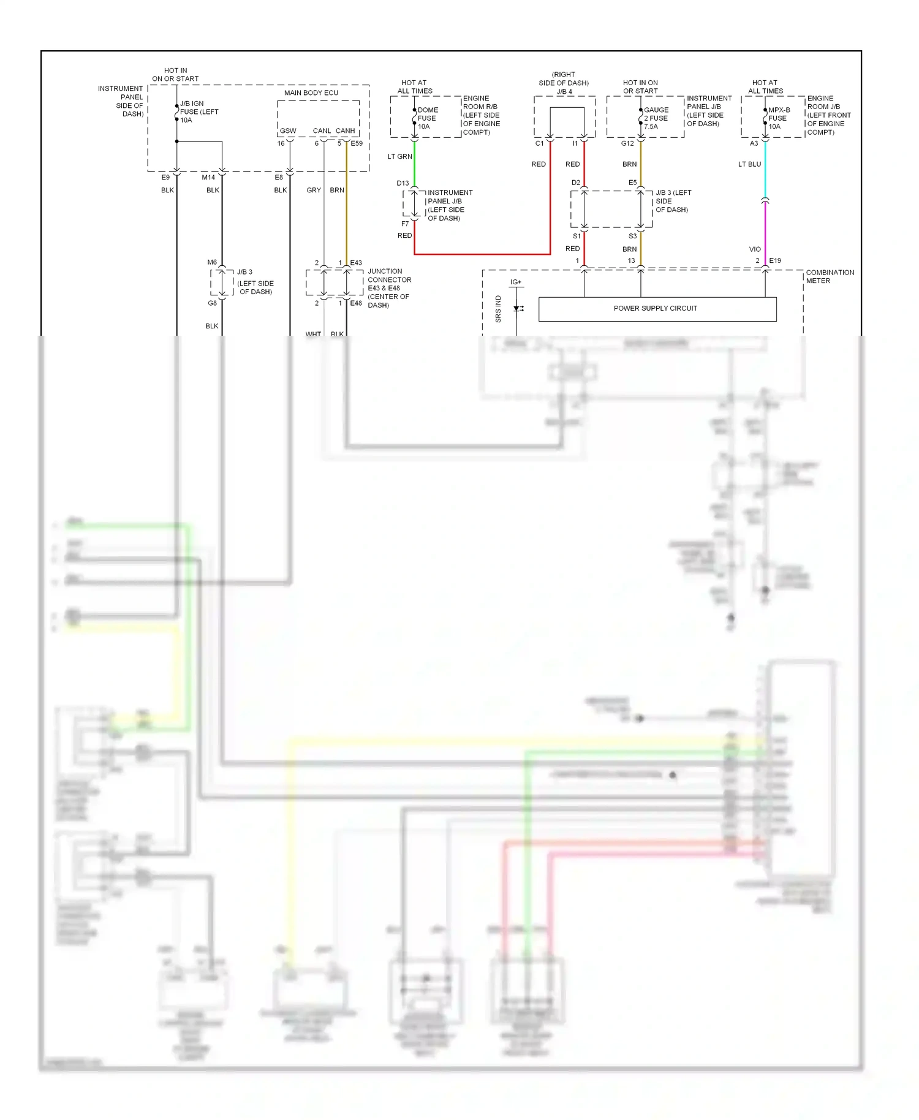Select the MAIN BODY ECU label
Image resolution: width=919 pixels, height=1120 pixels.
click(x=311, y=93)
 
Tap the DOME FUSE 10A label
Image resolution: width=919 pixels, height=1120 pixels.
click(x=427, y=118)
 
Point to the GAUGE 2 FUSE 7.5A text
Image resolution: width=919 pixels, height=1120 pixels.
click(x=656, y=118)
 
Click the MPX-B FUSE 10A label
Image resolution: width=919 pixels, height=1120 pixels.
click(x=779, y=118)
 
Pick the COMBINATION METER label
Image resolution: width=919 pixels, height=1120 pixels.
click(x=830, y=276)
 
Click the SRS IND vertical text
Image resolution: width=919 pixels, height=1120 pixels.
click(x=498, y=309)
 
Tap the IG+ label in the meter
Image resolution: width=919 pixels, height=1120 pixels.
click(x=516, y=282)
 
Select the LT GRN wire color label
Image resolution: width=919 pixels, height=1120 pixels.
click(x=399, y=157)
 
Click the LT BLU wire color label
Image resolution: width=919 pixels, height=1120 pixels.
click(x=749, y=164)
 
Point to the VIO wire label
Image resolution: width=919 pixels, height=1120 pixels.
click(x=755, y=249)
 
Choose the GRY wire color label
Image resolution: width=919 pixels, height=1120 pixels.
click(x=314, y=191)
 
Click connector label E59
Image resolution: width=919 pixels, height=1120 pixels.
click(x=357, y=144)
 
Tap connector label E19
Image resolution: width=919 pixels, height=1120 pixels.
click(x=775, y=261)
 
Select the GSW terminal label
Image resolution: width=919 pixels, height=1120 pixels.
click(x=288, y=131)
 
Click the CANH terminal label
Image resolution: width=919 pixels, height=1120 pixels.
click(x=345, y=131)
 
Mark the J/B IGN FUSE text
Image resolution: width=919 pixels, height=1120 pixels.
click(x=199, y=112)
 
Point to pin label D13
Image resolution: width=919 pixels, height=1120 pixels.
click(x=403, y=183)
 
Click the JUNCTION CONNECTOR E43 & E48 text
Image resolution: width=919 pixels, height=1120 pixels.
click(x=389, y=288)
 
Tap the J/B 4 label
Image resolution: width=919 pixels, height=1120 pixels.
click(x=564, y=92)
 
